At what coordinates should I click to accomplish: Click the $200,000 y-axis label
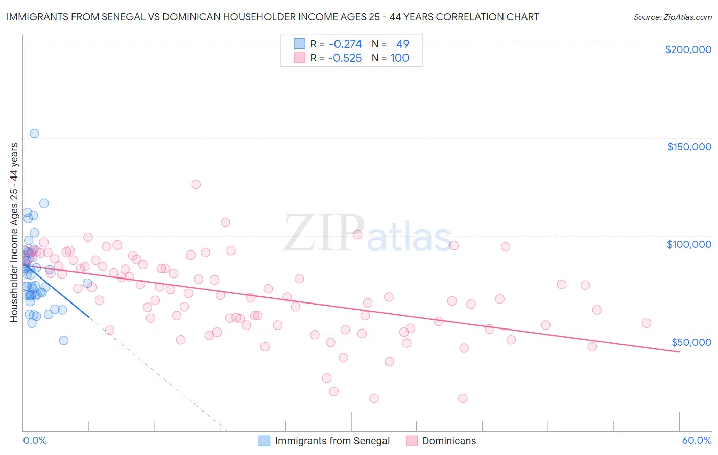pyautogui.click(x=688, y=49)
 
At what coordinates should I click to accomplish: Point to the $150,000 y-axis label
pyautogui.click(x=689, y=147)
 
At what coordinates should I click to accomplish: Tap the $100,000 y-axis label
pyautogui.click(x=689, y=244)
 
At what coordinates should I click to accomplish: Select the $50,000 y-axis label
pyautogui.click(x=691, y=342)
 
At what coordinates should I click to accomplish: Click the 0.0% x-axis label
pyautogui.click(x=35, y=440)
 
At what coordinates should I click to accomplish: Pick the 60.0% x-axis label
pyautogui.click(x=696, y=440)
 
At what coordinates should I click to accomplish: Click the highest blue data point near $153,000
pyautogui.click(x=34, y=133)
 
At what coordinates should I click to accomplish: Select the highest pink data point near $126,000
pyautogui.click(x=196, y=184)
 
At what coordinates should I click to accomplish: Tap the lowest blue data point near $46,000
pyautogui.click(x=64, y=340)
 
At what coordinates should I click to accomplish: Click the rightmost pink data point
pyautogui.click(x=647, y=323)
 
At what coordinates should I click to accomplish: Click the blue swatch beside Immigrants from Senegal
pyautogui.click(x=264, y=441)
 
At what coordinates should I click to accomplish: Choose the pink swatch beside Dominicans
pyautogui.click(x=412, y=441)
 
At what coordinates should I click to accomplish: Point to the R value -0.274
pyautogui.click(x=345, y=44)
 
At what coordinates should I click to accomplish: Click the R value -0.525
pyautogui.click(x=345, y=58)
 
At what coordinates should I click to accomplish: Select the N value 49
pyautogui.click(x=402, y=44)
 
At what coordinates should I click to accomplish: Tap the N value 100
pyautogui.click(x=400, y=58)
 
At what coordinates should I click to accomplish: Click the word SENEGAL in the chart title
pyautogui.click(x=132, y=17)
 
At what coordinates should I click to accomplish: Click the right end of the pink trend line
pyautogui.click(x=679, y=352)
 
